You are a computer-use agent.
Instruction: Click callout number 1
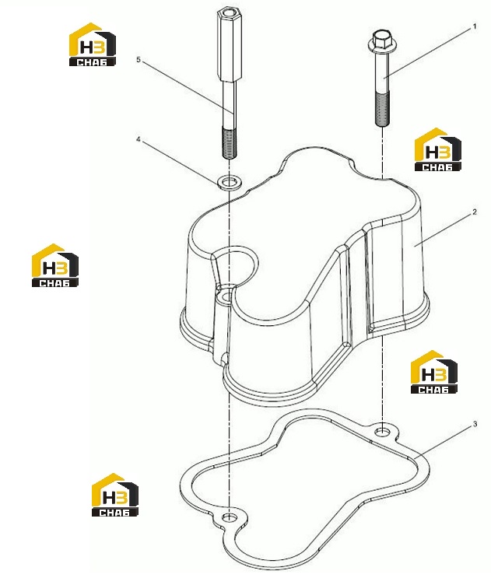tap(475, 26)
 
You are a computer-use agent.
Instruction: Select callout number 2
tap(475, 212)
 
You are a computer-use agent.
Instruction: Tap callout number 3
tap(475, 424)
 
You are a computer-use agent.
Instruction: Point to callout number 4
tap(139, 139)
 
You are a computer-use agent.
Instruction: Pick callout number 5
tap(139, 59)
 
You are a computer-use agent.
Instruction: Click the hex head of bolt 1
tap(380, 40)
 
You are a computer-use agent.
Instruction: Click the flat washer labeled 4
tap(229, 182)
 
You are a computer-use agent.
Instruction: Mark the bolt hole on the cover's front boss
tap(224, 295)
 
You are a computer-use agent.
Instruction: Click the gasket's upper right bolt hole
tap(382, 430)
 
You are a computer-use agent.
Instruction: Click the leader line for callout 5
tap(188, 87)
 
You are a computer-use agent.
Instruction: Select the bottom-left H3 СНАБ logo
tap(115, 495)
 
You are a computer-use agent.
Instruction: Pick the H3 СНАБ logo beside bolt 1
tap(438, 149)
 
